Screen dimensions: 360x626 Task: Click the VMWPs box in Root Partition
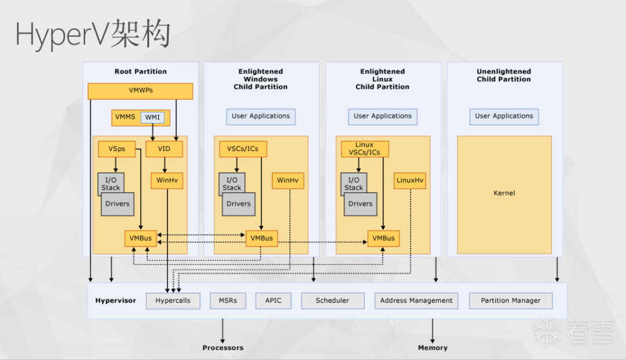(140, 91)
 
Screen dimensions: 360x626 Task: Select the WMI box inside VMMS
(152, 118)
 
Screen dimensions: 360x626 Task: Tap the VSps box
(117, 149)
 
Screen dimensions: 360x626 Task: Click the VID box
(164, 149)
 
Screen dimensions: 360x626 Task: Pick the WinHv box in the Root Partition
(167, 180)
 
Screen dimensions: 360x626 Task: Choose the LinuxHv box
(410, 180)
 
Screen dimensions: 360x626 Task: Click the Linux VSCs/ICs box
(365, 148)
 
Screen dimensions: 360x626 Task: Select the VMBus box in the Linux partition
(383, 238)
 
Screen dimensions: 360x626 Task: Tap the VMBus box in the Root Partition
(140, 238)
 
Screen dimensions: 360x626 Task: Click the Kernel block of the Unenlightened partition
(504, 194)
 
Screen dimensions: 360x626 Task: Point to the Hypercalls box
(173, 301)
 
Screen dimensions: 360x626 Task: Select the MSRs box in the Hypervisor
(228, 301)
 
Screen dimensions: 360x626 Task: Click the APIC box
(273, 301)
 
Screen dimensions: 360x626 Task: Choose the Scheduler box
(333, 301)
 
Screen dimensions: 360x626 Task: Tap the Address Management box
(416, 301)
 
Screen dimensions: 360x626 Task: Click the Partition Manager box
(510, 301)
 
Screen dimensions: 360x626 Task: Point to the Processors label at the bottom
(223, 348)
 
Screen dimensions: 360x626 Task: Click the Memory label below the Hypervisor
(432, 348)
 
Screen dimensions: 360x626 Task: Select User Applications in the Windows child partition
(261, 117)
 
